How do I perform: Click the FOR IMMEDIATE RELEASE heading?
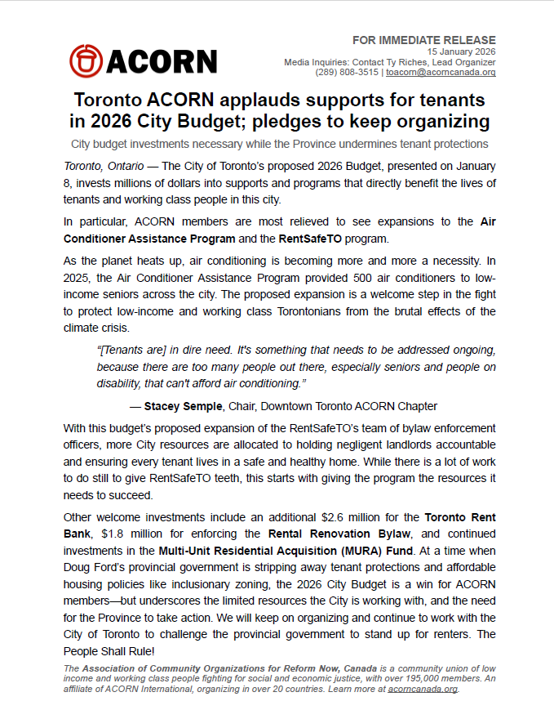[x=423, y=40]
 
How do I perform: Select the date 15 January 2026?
[x=461, y=51]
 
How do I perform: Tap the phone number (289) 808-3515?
[x=346, y=72]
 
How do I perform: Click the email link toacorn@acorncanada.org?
[x=441, y=72]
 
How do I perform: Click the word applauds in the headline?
[x=250, y=100]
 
